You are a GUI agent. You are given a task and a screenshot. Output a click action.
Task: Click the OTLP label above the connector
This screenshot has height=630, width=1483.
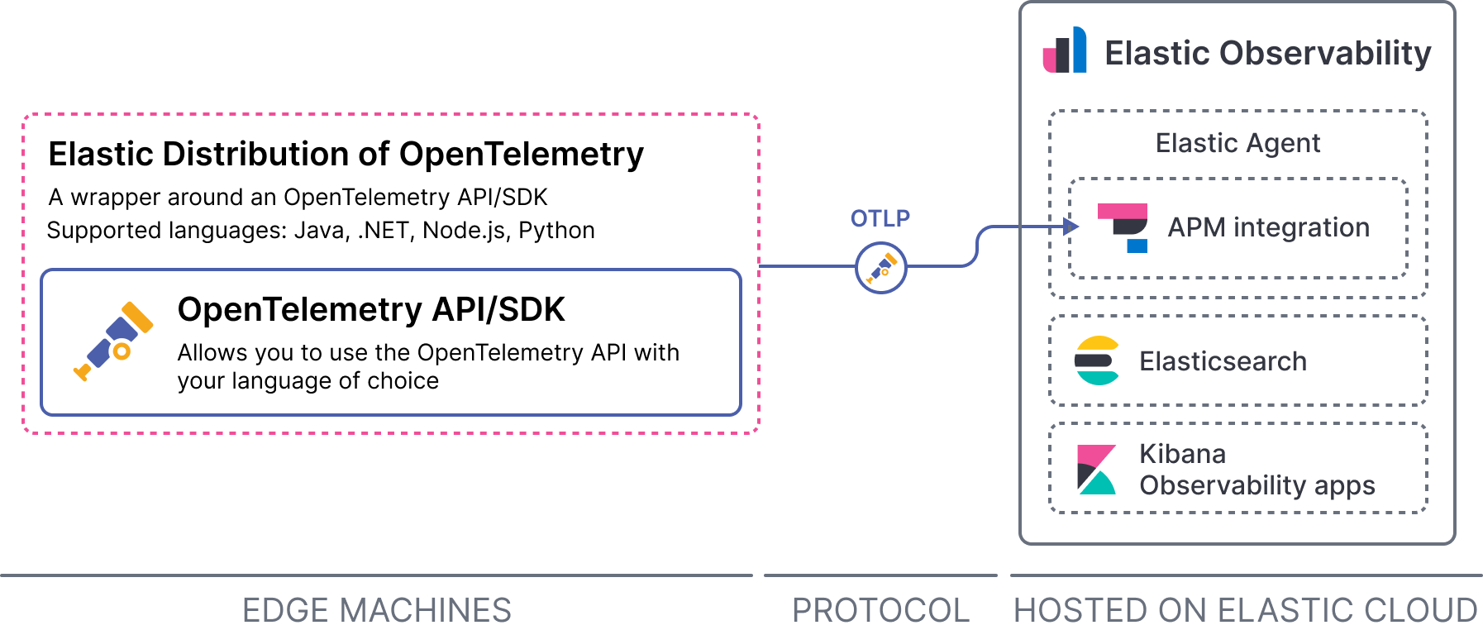880,218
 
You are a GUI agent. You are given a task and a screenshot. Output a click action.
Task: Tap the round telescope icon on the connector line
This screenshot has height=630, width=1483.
880,268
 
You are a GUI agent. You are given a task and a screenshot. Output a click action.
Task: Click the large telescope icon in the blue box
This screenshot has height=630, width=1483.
114,341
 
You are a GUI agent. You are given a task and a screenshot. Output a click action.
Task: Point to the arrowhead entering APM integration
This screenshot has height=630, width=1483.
1072,227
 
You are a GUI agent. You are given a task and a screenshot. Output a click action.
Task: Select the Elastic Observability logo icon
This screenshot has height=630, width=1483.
1065,51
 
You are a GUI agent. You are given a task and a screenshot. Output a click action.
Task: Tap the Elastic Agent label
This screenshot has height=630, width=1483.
1237,143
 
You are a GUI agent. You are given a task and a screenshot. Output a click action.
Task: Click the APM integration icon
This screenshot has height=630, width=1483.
1123,227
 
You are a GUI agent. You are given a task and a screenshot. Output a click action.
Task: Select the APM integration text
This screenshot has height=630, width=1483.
1268,227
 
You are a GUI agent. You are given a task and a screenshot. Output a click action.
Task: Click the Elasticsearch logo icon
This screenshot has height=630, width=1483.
1097,360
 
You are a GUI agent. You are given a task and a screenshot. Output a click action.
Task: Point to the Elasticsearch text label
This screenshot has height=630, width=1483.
1223,361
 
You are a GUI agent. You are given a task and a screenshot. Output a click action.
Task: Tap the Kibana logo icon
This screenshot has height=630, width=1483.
1097,470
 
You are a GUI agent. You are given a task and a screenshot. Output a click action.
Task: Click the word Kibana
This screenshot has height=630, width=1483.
1182,454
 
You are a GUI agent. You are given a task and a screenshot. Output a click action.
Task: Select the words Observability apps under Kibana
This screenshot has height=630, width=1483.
1256,485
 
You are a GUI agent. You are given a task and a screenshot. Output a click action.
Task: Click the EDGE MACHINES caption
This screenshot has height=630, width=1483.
377,610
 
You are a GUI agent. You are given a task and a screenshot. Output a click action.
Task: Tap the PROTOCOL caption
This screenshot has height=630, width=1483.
880,610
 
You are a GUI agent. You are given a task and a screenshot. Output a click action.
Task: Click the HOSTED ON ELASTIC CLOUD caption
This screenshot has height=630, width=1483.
1245,610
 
